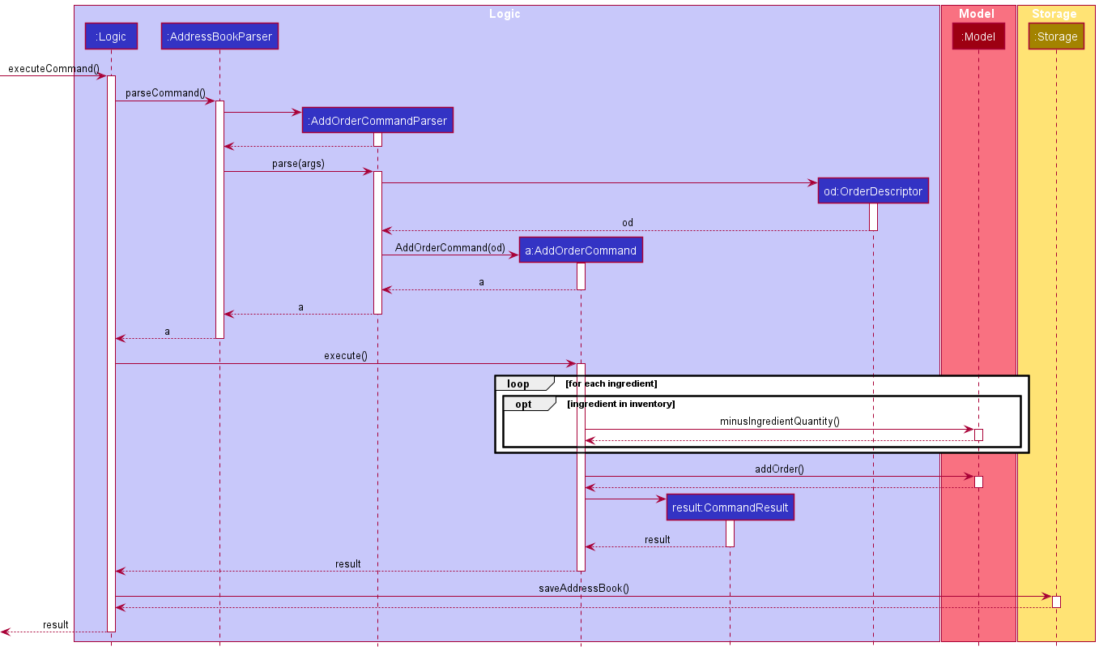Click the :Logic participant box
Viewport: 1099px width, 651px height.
pos(111,36)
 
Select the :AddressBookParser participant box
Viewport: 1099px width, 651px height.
pos(219,36)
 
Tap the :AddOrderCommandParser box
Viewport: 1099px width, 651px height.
pos(377,121)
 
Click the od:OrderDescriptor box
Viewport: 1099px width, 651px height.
pos(873,191)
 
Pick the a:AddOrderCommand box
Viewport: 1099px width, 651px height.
pos(581,251)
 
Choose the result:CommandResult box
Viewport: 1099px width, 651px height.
pos(730,508)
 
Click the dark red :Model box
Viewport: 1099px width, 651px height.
pos(978,36)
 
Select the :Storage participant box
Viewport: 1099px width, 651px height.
pos(1056,36)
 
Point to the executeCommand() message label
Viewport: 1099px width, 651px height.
pos(51,69)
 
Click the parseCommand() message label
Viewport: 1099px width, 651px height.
pos(165,93)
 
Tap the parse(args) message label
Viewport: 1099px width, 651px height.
pos(298,164)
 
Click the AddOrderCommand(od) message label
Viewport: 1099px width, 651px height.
pos(450,247)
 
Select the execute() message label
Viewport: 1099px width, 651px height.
pos(346,355)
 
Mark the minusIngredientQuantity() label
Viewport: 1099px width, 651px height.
pos(779,422)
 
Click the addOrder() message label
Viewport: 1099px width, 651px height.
pos(779,469)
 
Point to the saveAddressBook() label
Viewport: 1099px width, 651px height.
pos(584,589)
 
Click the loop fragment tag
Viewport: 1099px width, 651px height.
pos(518,383)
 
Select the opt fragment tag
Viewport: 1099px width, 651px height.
pos(524,404)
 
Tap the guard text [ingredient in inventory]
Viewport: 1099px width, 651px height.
pos(620,404)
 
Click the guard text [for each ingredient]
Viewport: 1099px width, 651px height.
pos(611,383)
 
